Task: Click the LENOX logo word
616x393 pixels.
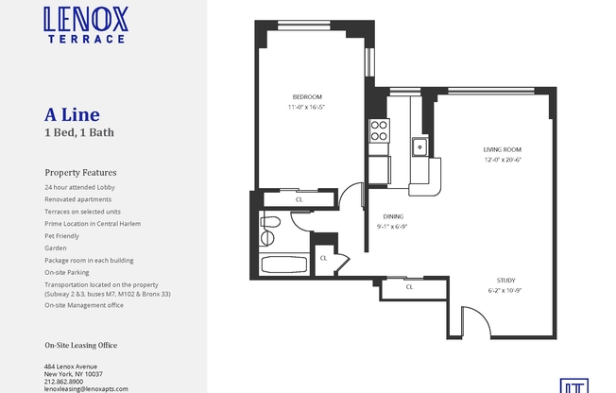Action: point(86,19)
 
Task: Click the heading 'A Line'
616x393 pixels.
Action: point(66,115)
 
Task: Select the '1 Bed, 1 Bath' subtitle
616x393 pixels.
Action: point(79,132)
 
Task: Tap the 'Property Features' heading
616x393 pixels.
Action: point(80,173)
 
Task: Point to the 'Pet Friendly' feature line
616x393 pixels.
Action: point(63,235)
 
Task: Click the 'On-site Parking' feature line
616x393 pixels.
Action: point(68,272)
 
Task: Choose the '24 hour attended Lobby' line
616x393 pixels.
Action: point(79,187)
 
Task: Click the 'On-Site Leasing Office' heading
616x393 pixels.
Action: point(84,344)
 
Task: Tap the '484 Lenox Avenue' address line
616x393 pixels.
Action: point(71,367)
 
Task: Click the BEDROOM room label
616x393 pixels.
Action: point(307,96)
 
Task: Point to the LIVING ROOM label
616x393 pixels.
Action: point(502,150)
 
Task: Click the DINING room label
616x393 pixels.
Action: point(392,215)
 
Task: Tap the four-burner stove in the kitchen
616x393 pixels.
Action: point(378,130)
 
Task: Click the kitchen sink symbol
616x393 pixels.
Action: point(418,146)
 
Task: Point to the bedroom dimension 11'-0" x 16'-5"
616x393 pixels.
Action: point(307,107)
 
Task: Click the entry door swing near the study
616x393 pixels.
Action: point(477,325)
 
